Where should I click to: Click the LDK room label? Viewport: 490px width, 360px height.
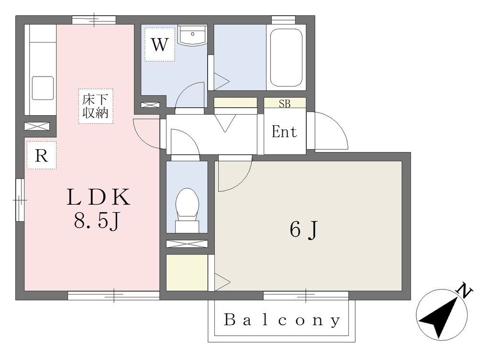[x=98, y=197]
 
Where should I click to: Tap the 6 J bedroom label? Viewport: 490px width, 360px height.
[x=303, y=229]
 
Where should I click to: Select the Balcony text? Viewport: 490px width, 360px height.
[x=282, y=320]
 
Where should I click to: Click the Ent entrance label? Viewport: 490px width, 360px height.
[x=284, y=131]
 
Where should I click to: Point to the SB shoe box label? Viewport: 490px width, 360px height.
[x=285, y=103]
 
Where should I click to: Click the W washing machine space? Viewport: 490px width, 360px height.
[x=160, y=45]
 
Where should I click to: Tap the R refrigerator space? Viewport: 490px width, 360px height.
[x=42, y=155]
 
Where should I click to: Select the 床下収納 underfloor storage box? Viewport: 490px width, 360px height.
[x=95, y=106]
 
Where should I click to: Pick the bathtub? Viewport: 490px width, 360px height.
[x=286, y=57]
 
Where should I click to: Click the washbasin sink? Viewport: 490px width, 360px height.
[x=192, y=35]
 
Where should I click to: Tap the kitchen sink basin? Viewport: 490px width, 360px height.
[x=43, y=88]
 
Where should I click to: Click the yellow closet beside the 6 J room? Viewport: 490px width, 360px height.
[x=187, y=273]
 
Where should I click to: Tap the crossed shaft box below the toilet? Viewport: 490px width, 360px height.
[x=187, y=243]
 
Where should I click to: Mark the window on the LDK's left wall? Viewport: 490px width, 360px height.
[x=20, y=200]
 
